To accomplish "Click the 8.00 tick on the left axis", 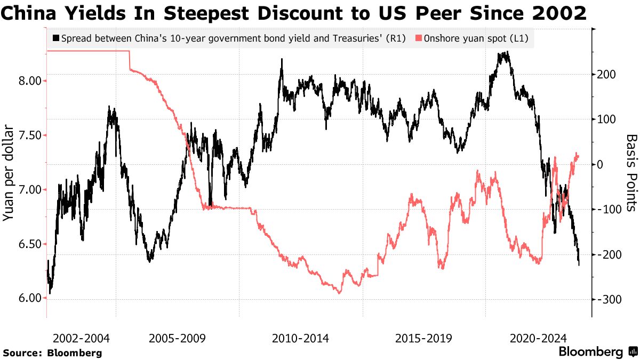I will (30, 81).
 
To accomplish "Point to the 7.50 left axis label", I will (30, 135).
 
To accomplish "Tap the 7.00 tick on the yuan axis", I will (30, 189).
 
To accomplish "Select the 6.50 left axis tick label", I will (30, 244).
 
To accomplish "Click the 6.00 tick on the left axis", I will (30, 298).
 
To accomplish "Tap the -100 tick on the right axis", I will (610, 209).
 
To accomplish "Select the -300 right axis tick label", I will (610, 299).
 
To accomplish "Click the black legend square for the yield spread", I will (55, 38).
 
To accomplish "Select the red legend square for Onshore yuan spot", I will (419, 38).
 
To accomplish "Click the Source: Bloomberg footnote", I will (52, 353).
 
